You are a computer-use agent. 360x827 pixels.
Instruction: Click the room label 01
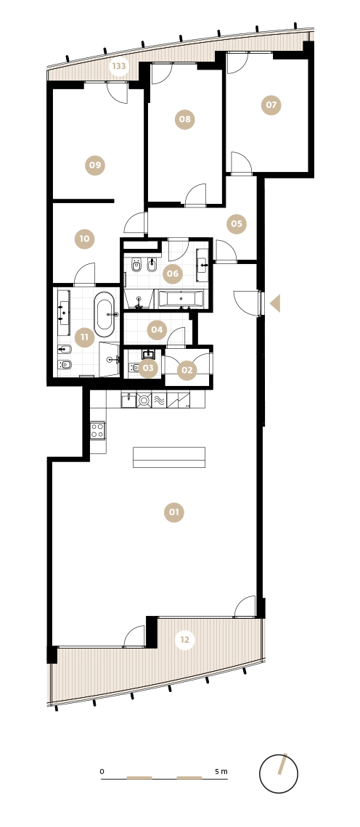pos(174,512)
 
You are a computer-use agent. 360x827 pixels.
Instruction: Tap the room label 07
pos(271,105)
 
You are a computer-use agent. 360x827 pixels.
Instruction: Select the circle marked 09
pos(95,165)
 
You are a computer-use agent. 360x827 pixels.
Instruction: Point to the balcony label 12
pos(185,640)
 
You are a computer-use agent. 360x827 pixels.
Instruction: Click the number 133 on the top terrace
pos(119,67)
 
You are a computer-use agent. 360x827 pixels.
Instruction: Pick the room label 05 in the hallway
pos(237,224)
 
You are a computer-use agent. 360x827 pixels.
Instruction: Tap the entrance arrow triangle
pos(275,303)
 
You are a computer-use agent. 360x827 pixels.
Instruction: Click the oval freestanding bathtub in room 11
pos(104,314)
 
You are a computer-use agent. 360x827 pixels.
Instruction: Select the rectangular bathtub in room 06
pos(181,299)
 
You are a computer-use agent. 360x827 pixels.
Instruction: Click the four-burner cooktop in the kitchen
pos(98,430)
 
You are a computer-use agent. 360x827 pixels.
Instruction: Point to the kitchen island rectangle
pos(169,457)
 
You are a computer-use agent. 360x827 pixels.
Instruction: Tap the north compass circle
pos(279,774)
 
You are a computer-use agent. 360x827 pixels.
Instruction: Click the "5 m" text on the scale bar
pos(221,771)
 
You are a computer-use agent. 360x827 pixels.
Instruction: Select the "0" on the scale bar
pos(102,772)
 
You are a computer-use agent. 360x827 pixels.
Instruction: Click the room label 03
pos(148,368)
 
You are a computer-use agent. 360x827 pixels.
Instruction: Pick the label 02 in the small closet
pos(187,370)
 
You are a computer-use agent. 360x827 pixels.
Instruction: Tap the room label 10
pos(84,239)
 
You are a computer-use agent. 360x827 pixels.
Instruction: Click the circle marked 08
pos(185,119)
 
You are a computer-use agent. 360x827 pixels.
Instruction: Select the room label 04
pos(157,330)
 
